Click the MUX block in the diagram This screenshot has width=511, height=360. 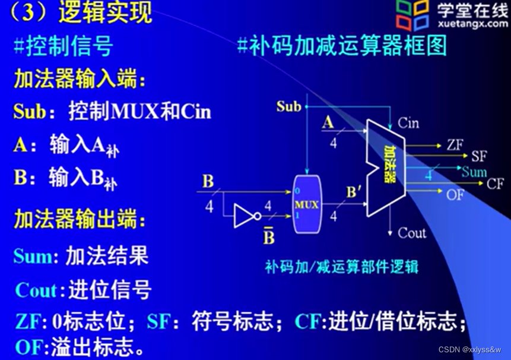[x=307, y=204]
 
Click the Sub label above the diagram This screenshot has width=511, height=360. [x=289, y=107]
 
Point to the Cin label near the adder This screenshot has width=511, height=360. [x=408, y=123]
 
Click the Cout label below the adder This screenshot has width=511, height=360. [x=412, y=232]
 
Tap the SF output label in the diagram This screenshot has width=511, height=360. [x=478, y=157]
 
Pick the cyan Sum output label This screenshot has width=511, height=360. [x=474, y=172]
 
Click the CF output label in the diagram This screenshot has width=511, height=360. [x=495, y=184]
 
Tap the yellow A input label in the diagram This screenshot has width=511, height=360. [x=328, y=122]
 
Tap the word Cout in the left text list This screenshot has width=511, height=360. [x=39, y=290]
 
